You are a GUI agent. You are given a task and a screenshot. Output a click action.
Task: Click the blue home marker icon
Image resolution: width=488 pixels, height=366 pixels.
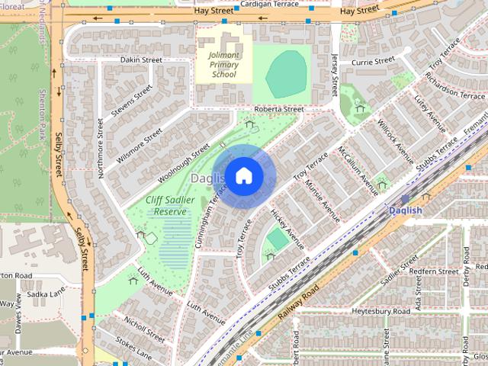(x=243, y=175)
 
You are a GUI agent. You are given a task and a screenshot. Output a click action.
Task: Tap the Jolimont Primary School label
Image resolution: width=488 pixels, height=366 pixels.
(x=223, y=65)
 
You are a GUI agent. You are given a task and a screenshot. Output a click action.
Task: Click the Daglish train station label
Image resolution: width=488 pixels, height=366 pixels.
(x=405, y=210)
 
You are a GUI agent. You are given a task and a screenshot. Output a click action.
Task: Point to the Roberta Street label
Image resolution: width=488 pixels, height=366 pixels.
(x=279, y=109)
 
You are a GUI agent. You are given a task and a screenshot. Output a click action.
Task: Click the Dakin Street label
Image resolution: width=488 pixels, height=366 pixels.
(x=141, y=59)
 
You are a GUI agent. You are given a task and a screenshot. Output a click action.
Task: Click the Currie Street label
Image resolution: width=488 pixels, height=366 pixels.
(x=373, y=59)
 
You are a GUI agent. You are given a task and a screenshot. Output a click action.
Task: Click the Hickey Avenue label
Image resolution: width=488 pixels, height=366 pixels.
(x=287, y=230)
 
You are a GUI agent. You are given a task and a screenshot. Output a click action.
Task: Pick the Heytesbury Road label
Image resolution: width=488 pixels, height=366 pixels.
(x=383, y=312)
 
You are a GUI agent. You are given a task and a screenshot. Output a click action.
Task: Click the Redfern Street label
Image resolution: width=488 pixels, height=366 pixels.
(x=433, y=271)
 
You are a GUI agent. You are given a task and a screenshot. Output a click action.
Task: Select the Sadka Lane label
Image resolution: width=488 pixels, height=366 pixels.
(x=46, y=292)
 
